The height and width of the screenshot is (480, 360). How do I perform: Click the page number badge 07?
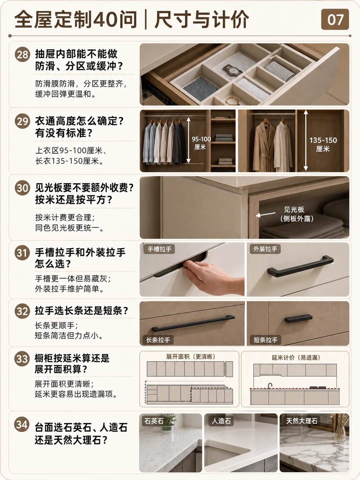pyautogui.click(x=335, y=19)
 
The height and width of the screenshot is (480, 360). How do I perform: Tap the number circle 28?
pyautogui.click(x=22, y=54)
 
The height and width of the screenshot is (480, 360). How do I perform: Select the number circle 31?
pyautogui.click(x=22, y=253)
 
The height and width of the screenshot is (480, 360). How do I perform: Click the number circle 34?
pyautogui.click(x=22, y=424)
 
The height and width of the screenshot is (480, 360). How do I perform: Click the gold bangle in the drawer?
pyautogui.click(x=232, y=101)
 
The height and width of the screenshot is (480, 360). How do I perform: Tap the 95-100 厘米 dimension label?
pyautogui.click(x=201, y=143)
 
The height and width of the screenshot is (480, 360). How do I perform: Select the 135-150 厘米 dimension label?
pyautogui.click(x=323, y=144)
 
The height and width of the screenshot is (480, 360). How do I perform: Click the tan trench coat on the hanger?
pyautogui.click(x=264, y=147)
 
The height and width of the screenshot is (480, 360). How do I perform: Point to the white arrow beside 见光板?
pyautogui.click(x=265, y=214)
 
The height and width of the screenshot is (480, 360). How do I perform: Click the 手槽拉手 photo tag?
pyautogui.click(x=159, y=249)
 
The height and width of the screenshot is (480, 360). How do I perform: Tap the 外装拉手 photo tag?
pyautogui.click(x=265, y=249)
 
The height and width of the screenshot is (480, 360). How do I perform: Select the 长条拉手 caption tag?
pyautogui.click(x=158, y=340)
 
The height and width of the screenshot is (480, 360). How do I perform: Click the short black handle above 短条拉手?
pyautogui.click(x=298, y=318)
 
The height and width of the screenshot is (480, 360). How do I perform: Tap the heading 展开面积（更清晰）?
pyautogui.click(x=191, y=357)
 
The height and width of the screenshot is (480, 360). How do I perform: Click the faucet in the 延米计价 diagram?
pyautogui.click(x=270, y=386)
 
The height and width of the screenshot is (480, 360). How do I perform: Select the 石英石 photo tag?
pyautogui.click(x=154, y=421)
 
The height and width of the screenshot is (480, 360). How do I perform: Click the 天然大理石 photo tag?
pyautogui.click(x=302, y=421)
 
